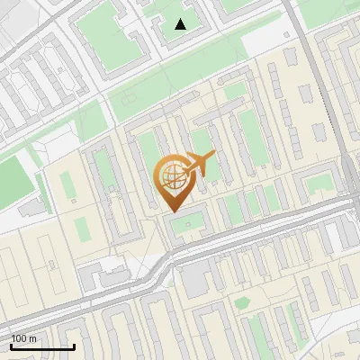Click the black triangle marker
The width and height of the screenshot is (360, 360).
coord(181,24)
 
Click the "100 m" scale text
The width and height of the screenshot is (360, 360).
coord(23,338)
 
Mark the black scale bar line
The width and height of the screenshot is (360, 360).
coord(42,346)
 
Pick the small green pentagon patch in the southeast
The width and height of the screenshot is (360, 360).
coord(241,302)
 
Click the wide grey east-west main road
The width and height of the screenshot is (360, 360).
coord(261,236)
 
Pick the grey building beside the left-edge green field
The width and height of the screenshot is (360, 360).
coord(32,207)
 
